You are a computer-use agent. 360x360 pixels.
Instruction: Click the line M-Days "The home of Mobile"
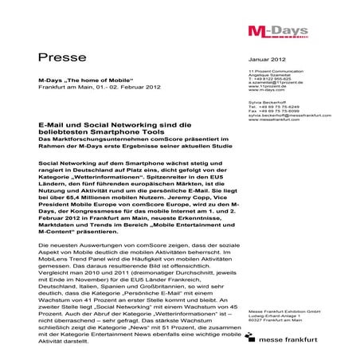point(76,81)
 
